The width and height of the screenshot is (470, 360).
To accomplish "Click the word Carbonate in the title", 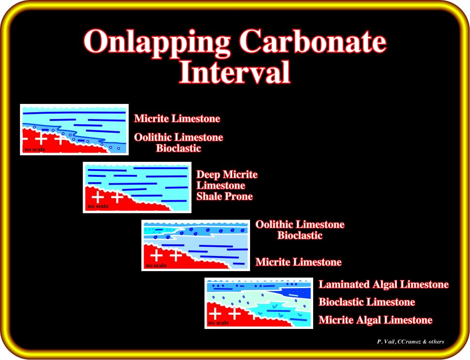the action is pos(313,41).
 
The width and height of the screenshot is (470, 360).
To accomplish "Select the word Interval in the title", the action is pos(235,72).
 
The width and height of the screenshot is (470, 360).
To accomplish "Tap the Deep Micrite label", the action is pos(227,174).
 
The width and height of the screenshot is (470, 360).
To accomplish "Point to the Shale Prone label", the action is pos(224,196).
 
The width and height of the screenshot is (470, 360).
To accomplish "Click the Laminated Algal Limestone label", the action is pos(384,284).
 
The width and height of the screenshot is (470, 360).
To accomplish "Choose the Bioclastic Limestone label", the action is pos(367,302).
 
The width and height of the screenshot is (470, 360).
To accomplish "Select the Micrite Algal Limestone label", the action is pos(375,320).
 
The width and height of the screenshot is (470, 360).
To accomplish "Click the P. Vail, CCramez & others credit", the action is pos(411,342).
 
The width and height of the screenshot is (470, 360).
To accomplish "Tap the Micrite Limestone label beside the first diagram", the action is pos(177,119).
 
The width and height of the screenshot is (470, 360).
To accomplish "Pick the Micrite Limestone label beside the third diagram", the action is pos(299,262).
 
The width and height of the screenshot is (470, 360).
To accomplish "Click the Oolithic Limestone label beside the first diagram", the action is pos(179,137).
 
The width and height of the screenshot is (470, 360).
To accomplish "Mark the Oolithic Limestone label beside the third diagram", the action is pos(300,224).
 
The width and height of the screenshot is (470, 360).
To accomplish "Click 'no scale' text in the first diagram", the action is pos(35,149).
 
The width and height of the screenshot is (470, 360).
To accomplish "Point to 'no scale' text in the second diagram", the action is pos(98,206).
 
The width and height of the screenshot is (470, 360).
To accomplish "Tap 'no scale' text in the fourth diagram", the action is pos(218,323).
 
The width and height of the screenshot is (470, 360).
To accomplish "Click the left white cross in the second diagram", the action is pos(98,197).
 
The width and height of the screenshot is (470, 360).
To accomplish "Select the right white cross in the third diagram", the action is pos(176,255).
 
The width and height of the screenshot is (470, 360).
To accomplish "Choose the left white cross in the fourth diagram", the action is pos(215,313).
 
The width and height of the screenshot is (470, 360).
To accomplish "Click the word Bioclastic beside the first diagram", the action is pos(178,148).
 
